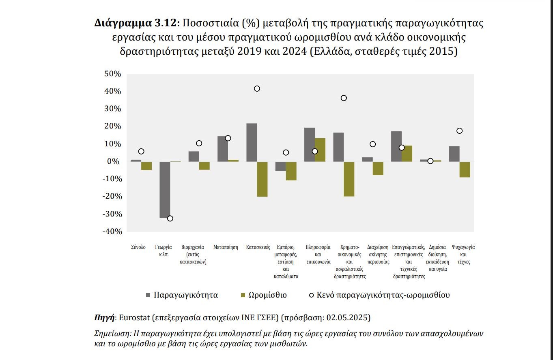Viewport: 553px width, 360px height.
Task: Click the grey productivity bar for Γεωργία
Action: click(165, 190)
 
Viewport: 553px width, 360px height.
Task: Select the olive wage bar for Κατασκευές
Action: click(262, 179)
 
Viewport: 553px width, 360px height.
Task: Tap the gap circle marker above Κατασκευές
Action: click(257, 89)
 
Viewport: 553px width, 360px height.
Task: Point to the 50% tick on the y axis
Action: click(113, 74)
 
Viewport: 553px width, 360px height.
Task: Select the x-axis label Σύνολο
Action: click(138, 247)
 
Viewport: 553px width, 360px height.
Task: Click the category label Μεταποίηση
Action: click(226, 247)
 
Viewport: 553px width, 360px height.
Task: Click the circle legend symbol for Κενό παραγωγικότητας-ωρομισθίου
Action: click(311, 295)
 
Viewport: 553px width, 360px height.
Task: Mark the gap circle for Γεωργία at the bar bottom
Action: click(170, 219)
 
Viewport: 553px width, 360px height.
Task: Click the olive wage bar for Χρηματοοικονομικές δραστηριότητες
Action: click(349, 179)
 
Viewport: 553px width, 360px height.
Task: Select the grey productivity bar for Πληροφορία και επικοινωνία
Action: click(310, 145)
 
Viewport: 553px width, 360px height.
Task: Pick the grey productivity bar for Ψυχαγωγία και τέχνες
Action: click(454, 154)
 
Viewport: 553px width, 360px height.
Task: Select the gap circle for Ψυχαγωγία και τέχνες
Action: click(460, 131)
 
